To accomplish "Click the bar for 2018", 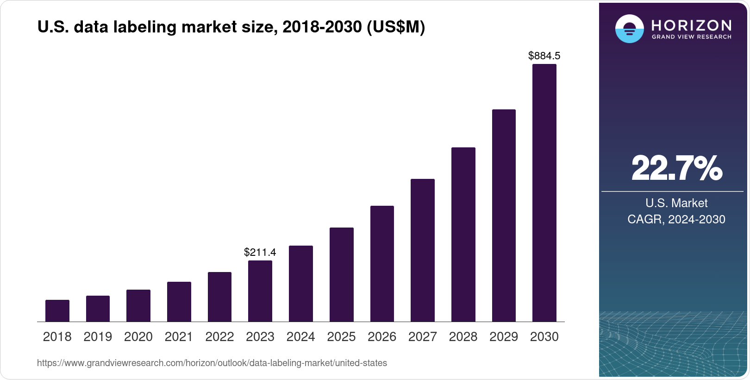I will click(57, 311).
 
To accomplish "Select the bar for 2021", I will click(179, 302).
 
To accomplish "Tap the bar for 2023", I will click(260, 291).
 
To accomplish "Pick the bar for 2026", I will click(382, 264).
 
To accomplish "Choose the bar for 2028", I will click(463, 234).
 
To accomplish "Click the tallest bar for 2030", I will click(544, 193).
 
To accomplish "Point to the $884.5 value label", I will click(544, 56).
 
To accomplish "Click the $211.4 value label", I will click(260, 253).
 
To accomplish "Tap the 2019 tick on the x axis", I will click(98, 337).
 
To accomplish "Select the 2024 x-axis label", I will click(300, 337).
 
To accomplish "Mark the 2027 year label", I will click(423, 337).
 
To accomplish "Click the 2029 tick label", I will click(504, 337).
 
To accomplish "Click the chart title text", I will click(231, 27).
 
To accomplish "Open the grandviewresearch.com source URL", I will click(212, 363).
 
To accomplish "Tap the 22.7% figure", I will click(676, 168).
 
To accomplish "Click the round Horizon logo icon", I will click(629, 29).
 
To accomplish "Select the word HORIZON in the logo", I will click(692, 25).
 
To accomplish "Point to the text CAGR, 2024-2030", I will click(676, 219).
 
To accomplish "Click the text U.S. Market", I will click(676, 203).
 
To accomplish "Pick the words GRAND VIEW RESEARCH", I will click(692, 37).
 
